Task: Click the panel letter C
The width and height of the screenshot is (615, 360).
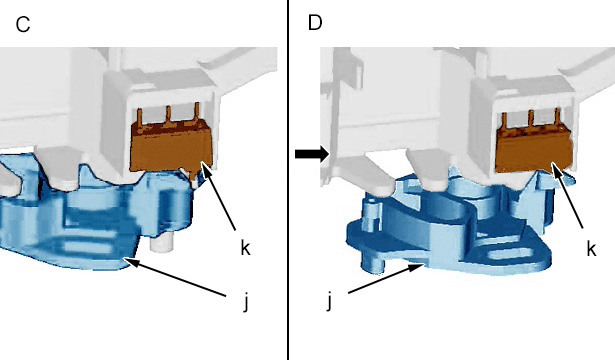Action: (23, 25)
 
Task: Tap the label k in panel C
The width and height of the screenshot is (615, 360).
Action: (245, 247)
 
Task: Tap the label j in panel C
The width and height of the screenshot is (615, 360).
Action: (246, 302)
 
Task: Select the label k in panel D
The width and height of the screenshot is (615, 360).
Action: (591, 248)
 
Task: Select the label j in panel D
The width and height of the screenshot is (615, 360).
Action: (329, 302)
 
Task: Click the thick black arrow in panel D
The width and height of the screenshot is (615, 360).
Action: (312, 154)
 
